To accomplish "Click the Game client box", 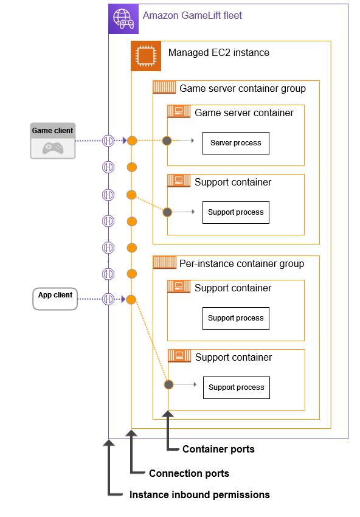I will pyautogui.click(x=53, y=141).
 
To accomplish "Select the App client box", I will pyautogui.click(x=55, y=299).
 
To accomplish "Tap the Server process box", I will pyautogui.click(x=235, y=143).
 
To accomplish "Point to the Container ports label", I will pyautogui.click(x=218, y=449).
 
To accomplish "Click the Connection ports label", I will pyautogui.click(x=189, y=473).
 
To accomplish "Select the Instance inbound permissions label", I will pyautogui.click(x=199, y=494).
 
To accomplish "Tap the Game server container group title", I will pyautogui.click(x=242, y=89).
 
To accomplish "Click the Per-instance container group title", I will pyautogui.click(x=241, y=264).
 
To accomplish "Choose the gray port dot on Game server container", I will pyautogui.click(x=167, y=141).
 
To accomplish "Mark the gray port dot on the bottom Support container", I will pyautogui.click(x=168, y=384).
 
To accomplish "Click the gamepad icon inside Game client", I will pyautogui.click(x=53, y=148).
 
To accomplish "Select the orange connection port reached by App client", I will pyautogui.click(x=131, y=299).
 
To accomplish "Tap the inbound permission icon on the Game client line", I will pyautogui.click(x=108, y=141).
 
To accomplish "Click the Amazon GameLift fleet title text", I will pyautogui.click(x=192, y=15).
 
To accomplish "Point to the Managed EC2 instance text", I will pyautogui.click(x=218, y=53).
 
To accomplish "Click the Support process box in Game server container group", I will pyautogui.click(x=235, y=212).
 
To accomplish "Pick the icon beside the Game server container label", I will pyautogui.click(x=179, y=111).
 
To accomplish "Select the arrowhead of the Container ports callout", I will pyautogui.click(x=168, y=414).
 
